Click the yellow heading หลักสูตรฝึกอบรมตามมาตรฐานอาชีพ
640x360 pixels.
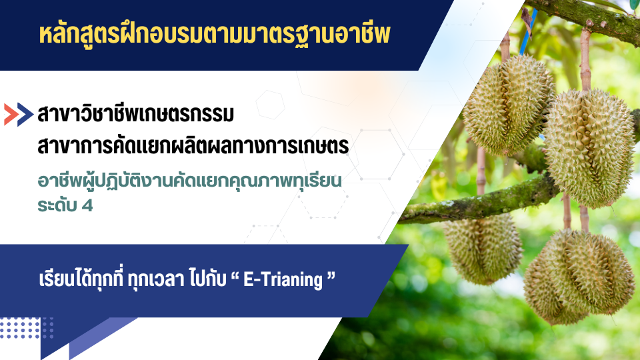click(215, 34)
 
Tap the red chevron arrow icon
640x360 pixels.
click(11, 114)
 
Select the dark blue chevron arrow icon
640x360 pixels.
click(25, 114)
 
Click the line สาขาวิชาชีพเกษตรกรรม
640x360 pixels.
click(135, 115)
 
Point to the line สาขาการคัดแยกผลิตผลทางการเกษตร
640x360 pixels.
click(193, 146)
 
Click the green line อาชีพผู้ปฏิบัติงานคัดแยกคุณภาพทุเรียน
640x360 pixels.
click(189, 181)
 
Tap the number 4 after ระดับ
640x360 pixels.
click(87, 206)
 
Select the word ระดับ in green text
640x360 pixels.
click(57, 206)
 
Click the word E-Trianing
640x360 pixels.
click(283, 279)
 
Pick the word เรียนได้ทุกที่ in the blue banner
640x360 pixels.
click(81, 279)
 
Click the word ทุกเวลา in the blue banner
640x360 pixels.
click(156, 280)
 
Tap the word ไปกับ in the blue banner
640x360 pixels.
click(208, 279)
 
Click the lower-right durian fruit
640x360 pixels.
click(579, 277)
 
